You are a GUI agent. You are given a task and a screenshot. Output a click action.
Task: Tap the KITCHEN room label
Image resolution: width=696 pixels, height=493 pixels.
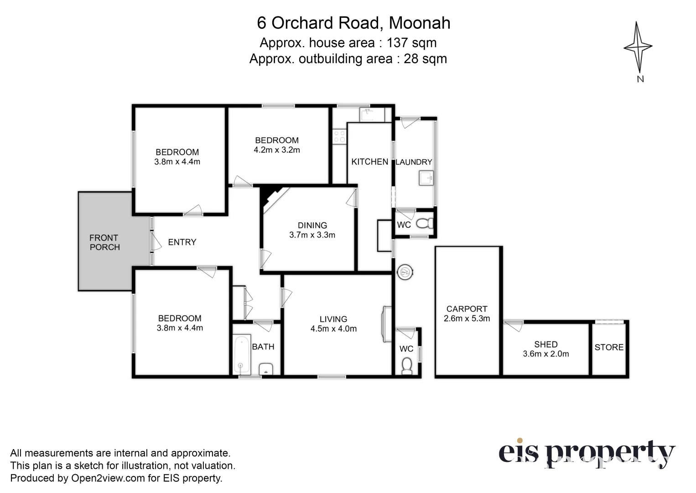tap(369, 162)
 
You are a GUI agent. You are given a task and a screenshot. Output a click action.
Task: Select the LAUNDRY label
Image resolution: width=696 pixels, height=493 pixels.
tap(414, 162)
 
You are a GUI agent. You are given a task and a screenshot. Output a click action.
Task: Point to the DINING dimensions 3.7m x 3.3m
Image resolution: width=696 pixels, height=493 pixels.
tap(312, 235)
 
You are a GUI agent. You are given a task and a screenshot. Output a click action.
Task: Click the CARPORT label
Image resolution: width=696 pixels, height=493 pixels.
tap(467, 309)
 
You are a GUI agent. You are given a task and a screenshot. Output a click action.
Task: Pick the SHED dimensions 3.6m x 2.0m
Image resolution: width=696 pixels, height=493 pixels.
tap(545, 354)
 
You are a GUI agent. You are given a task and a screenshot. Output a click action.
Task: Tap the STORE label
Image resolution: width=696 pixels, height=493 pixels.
tap(609, 347)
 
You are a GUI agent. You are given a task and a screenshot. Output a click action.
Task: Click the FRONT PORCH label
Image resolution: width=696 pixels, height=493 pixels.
tap(104, 242)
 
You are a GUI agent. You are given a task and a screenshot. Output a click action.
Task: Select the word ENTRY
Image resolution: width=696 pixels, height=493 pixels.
tap(182, 242)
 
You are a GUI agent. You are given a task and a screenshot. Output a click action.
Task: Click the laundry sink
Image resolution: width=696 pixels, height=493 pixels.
tap(426, 178)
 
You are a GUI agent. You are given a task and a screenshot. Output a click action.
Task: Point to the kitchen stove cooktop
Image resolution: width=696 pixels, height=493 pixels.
tap(340, 136)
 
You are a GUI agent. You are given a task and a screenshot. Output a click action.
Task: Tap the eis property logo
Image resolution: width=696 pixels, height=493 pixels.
tap(587, 453)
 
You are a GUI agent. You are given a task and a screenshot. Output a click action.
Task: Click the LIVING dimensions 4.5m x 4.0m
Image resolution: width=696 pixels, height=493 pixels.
tap(333, 329)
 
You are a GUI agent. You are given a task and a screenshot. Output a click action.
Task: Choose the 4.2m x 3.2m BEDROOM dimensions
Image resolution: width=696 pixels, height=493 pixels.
tap(277, 150)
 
